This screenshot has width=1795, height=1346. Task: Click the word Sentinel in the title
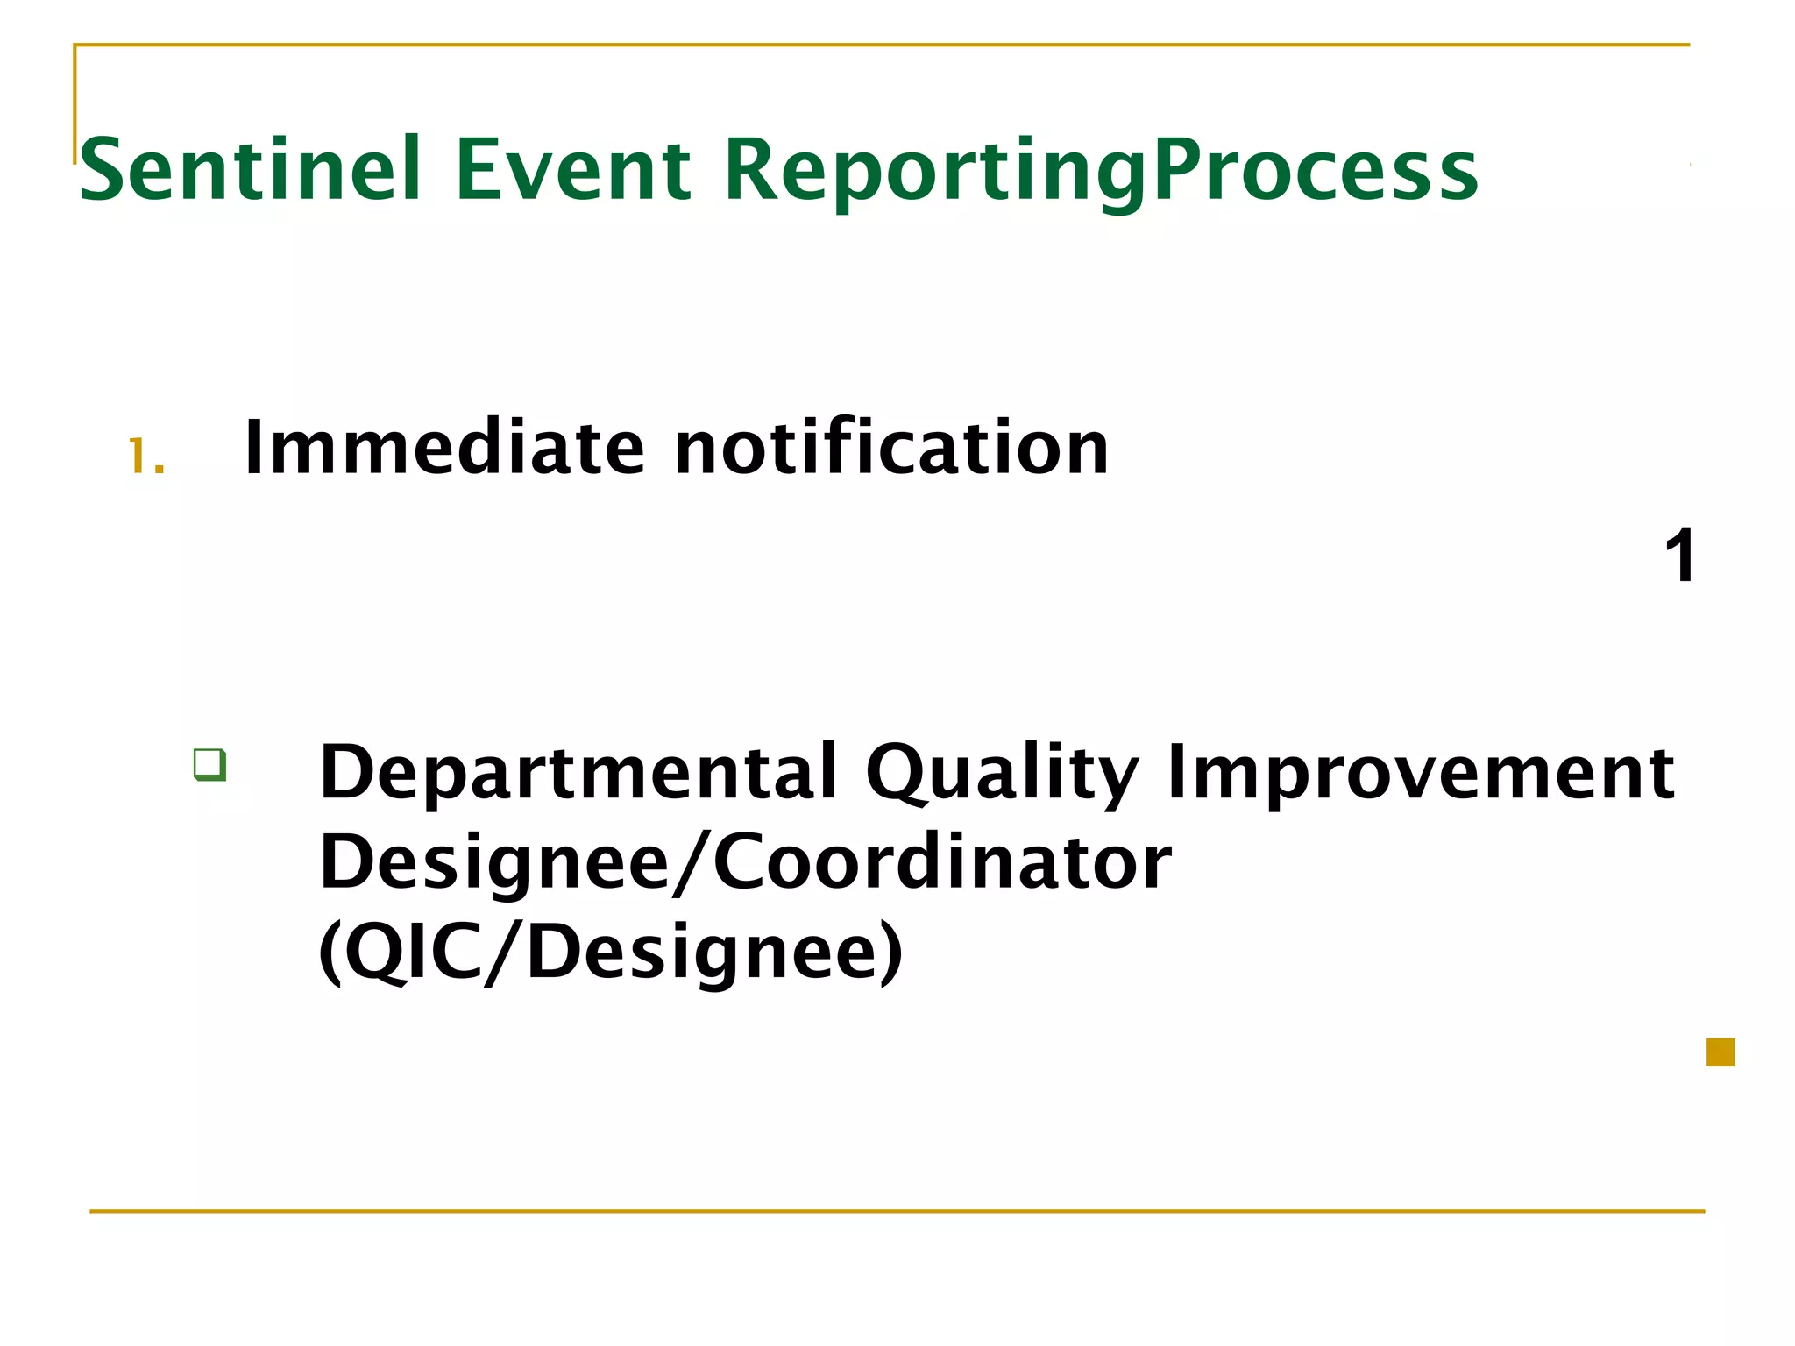click(x=251, y=171)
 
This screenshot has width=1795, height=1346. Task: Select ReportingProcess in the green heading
click(x=1101, y=171)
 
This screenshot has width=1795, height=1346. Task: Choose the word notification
click(x=891, y=449)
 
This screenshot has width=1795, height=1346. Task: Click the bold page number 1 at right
click(x=1679, y=556)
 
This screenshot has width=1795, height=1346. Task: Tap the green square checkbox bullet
click(x=210, y=765)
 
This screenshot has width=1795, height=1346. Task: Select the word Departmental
click(x=578, y=773)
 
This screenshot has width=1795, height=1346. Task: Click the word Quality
click(x=1002, y=773)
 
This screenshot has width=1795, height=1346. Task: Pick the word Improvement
click(x=1421, y=773)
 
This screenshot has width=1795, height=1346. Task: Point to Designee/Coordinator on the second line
click(x=745, y=863)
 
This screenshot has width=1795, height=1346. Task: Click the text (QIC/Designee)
click(x=610, y=953)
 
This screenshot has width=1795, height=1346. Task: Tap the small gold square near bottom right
click(x=1721, y=1052)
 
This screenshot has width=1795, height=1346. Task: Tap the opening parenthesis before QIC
click(x=330, y=953)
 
